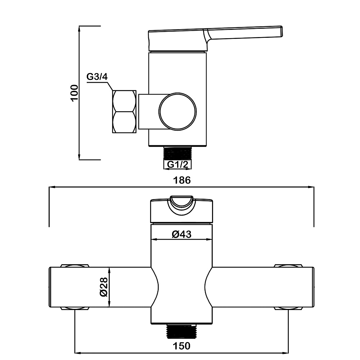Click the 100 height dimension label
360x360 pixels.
[x=75, y=93]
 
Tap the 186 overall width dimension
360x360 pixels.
[x=182, y=180]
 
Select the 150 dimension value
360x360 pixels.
[x=181, y=346]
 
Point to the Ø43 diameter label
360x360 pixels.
[x=181, y=234]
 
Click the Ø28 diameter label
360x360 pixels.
[x=104, y=287]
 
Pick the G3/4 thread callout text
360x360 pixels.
[x=97, y=76]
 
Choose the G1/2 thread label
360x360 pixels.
[x=177, y=165]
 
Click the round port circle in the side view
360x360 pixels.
[x=177, y=111]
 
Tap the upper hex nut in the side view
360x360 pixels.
[x=124, y=101]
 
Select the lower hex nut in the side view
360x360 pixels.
[x=124, y=122]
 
